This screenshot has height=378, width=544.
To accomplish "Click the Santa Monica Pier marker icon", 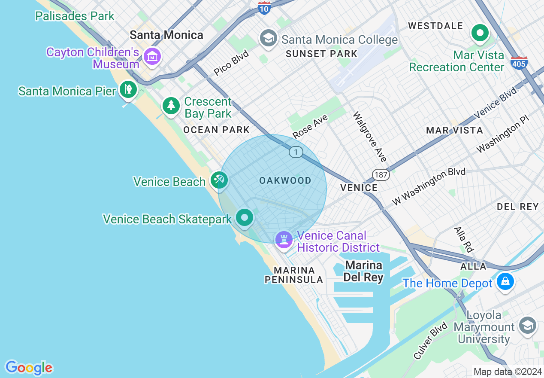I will click(128, 90).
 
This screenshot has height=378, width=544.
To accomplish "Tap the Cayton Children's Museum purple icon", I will click(152, 56).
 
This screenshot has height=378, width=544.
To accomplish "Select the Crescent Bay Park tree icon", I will click(171, 105).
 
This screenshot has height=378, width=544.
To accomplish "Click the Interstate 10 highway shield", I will click(265, 7).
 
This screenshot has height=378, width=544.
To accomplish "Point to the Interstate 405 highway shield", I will click(519, 63).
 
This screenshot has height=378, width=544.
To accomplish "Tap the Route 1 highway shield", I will click(296, 152).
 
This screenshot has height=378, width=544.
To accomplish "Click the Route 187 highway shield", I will click(381, 174).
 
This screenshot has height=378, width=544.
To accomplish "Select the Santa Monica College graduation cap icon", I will click(268, 39).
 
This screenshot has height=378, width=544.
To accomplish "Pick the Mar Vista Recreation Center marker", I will click(480, 33).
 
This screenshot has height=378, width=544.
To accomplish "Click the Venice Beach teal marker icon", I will click(219, 180).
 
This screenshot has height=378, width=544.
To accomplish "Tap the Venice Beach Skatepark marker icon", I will click(245, 217).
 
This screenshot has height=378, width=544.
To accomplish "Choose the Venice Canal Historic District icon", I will click(284, 239).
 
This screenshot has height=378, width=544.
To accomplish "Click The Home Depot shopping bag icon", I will click(505, 282).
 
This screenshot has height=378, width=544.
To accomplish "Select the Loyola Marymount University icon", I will click(527, 325).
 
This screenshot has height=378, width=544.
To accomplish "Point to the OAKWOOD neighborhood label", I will click(285, 181).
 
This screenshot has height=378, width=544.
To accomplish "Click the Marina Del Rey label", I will click(363, 271).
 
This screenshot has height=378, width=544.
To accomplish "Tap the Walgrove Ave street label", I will click(370, 137).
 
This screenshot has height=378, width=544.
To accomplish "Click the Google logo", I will click(29, 368).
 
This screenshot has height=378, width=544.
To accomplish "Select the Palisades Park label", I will click(75, 16).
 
